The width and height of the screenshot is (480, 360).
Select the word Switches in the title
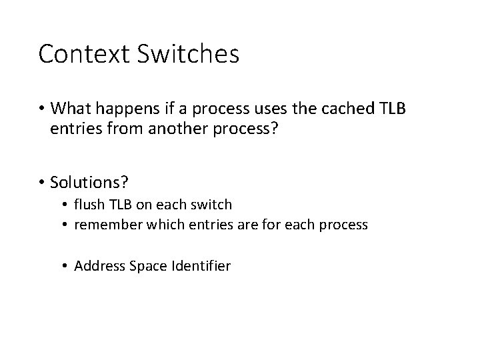tap(187, 54)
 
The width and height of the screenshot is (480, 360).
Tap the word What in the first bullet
tap(71, 108)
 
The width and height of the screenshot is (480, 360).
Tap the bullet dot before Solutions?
tap(42, 181)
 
